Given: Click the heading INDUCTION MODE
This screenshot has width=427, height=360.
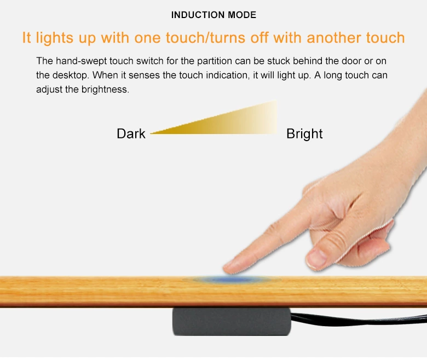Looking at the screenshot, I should point(214,15).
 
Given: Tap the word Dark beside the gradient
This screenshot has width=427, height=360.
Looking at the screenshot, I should point(131,134).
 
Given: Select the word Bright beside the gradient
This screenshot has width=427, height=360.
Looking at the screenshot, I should point(304,134).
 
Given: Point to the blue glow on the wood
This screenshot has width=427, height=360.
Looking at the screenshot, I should point(229,280).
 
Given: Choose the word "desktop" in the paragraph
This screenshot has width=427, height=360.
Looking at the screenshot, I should point(68,75).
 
